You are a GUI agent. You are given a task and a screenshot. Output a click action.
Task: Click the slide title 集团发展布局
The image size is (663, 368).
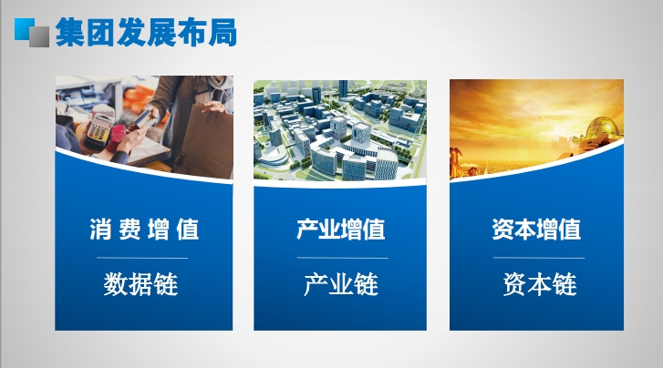tap(146, 32)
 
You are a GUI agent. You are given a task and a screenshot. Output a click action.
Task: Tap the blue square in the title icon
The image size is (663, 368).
tap(23, 28)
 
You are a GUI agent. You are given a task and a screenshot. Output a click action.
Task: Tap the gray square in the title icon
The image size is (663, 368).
tap(39, 36)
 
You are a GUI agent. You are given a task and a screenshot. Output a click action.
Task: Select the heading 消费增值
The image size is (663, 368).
tap(144, 230)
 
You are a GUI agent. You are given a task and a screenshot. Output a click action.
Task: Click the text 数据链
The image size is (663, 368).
tap(140, 284)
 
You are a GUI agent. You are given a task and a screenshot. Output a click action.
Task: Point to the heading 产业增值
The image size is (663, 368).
tap(341, 230)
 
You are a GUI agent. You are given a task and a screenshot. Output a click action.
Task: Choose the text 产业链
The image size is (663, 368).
tap(341, 284)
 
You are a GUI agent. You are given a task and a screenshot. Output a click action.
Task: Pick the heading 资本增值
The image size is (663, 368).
tap(536, 230)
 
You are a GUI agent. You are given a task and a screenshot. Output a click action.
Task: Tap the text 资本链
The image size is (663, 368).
tap(540, 284)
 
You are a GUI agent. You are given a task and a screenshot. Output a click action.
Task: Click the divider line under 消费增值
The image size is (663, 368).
tap(142, 258)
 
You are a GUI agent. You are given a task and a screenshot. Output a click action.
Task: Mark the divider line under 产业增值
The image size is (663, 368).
tap(343, 258)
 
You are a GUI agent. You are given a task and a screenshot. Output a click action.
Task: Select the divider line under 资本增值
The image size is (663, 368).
tap(539, 258)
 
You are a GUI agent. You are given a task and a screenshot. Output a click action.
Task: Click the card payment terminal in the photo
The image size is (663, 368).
tap(98, 129)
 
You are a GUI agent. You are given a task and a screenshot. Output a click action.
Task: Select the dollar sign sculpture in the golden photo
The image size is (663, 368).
tap(456, 162)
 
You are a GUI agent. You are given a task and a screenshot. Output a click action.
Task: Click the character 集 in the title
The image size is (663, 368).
tap(70, 32)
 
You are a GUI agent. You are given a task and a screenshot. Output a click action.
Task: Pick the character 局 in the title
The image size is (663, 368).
tap(223, 32)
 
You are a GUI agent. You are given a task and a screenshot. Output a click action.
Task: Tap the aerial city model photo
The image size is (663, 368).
tap(340, 131)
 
